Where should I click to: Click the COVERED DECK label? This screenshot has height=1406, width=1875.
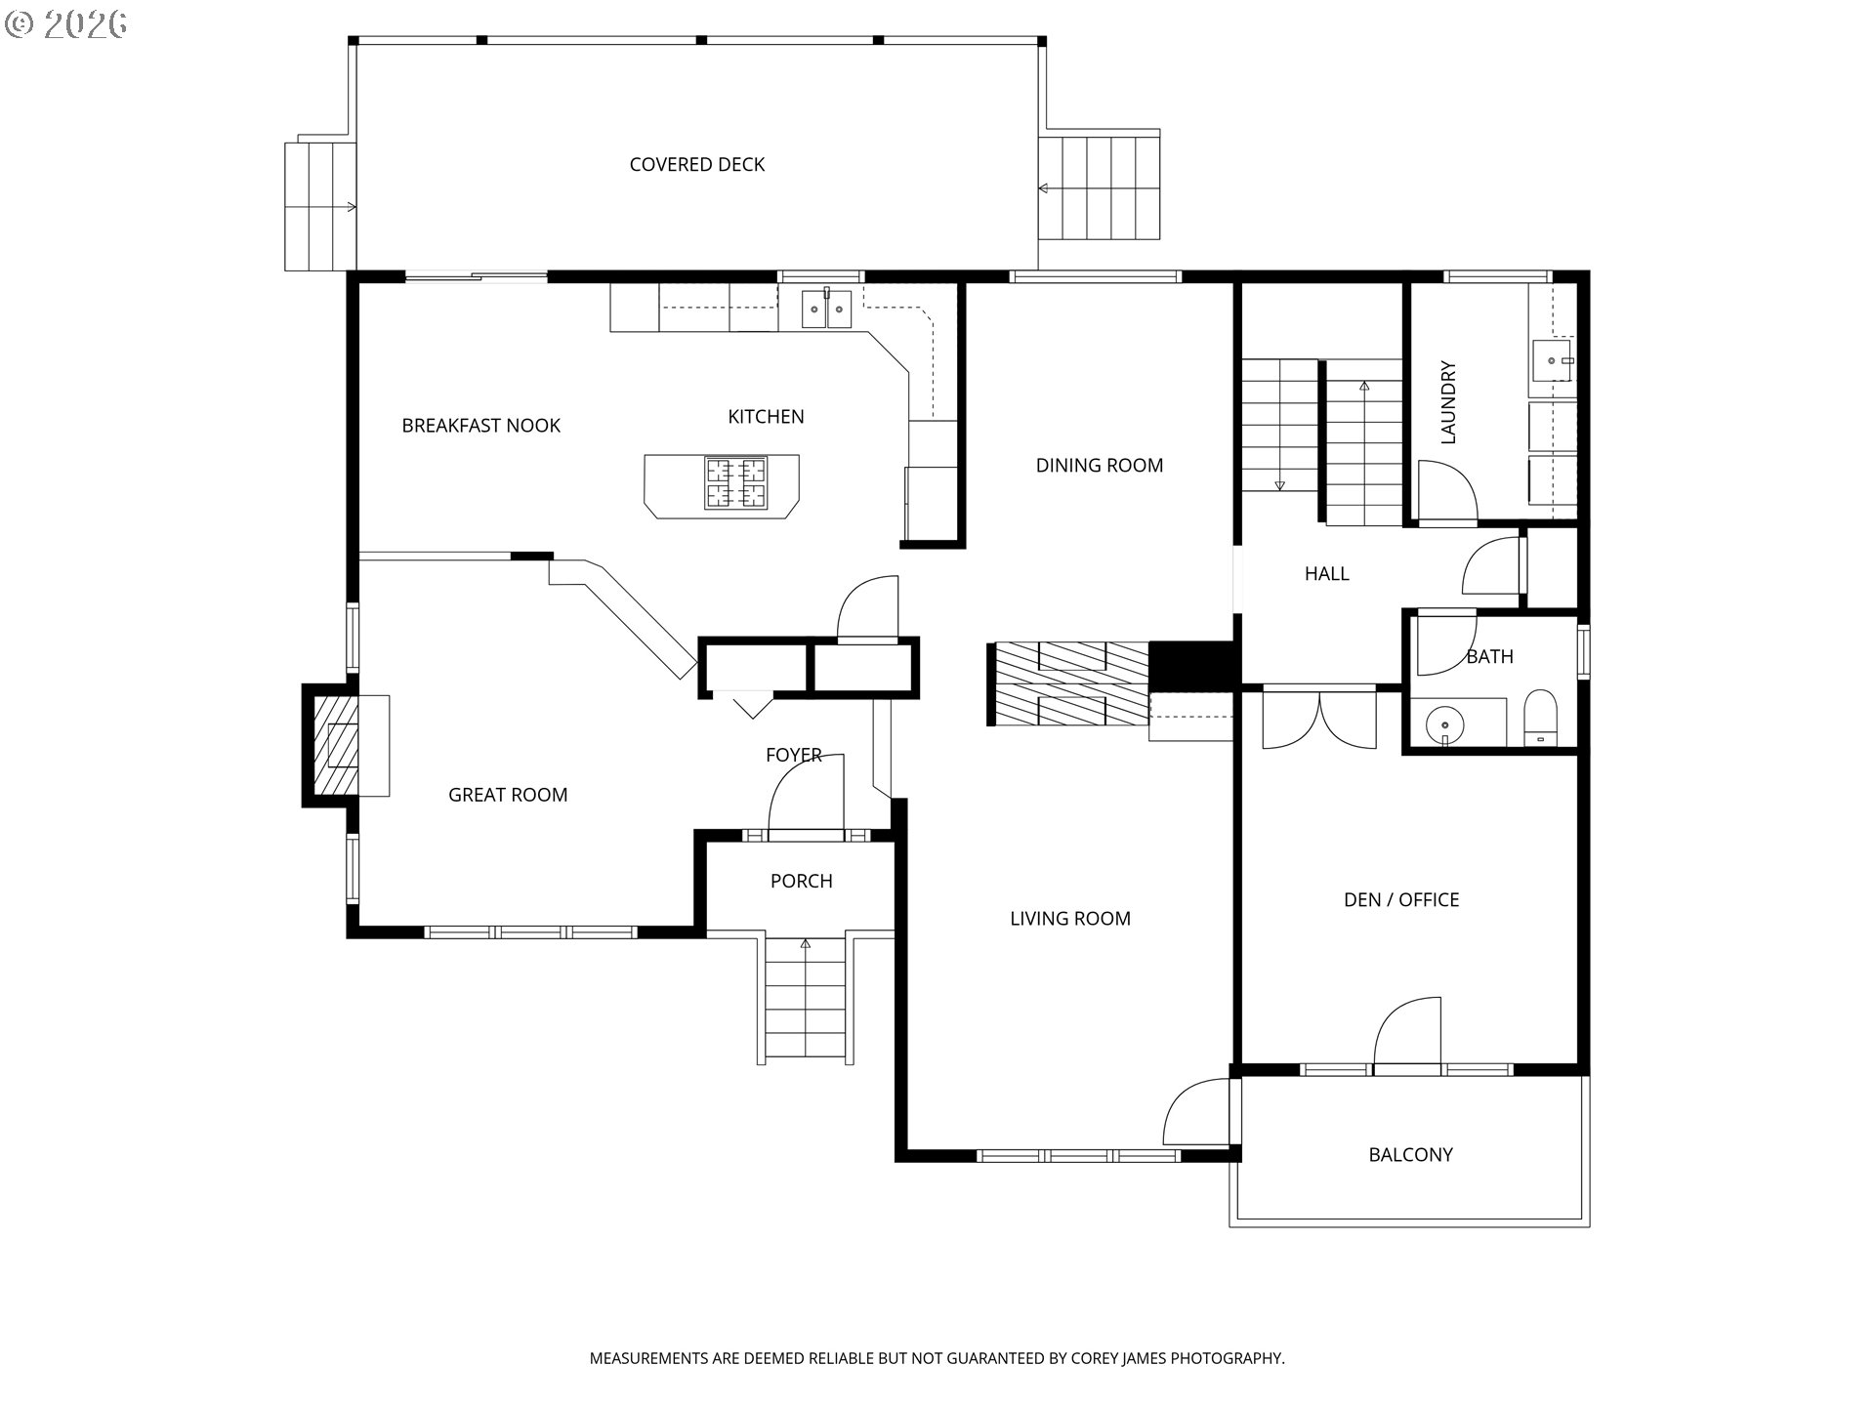(x=696, y=165)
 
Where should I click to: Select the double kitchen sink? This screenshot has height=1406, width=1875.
(x=826, y=309)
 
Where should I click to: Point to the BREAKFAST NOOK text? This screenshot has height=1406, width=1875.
(x=481, y=426)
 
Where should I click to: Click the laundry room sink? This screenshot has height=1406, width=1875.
(x=1553, y=360)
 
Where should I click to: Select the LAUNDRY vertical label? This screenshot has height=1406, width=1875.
(x=1448, y=402)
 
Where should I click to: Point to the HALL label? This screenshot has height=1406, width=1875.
(x=1326, y=574)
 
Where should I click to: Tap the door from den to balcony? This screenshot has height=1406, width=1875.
(x=1407, y=1035)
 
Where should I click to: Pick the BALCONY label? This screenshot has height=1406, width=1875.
(x=1410, y=1155)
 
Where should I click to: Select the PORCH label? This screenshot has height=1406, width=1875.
(x=801, y=882)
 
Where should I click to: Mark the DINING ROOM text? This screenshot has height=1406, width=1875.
(x=1100, y=466)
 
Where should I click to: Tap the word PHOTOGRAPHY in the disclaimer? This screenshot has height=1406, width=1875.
(x=1227, y=1358)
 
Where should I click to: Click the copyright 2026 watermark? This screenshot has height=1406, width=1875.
(x=66, y=24)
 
